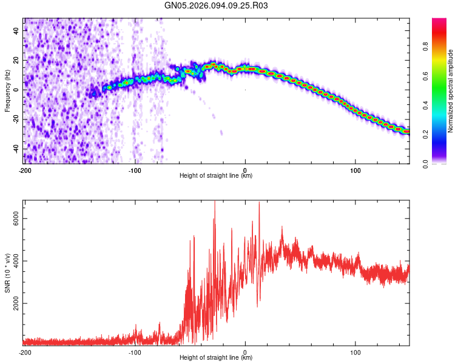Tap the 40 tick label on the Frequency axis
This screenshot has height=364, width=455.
(x=17, y=30)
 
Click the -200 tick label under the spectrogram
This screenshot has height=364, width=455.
(x=25, y=169)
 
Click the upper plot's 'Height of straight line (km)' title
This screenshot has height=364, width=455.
(x=216, y=176)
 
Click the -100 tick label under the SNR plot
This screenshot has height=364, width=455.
(x=135, y=352)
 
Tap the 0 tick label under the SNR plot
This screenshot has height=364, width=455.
(x=245, y=352)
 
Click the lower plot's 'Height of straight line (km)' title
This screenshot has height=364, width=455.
(x=216, y=359)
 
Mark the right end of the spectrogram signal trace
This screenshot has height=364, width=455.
(x=408, y=131)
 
